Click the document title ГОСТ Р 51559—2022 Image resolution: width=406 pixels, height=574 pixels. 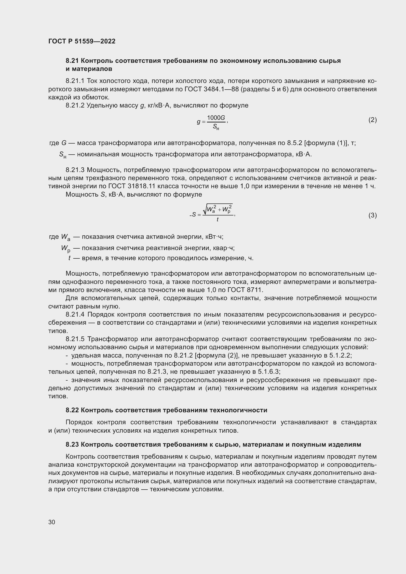[82, 41]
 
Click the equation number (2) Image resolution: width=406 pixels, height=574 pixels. [372, 120]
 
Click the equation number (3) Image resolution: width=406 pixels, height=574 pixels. [372, 215]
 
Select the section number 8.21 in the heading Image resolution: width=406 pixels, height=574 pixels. [72, 61]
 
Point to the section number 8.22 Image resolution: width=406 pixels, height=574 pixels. [72, 410]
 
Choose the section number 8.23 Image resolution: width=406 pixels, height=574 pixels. [72, 444]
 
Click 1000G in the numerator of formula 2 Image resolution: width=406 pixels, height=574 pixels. [216, 118]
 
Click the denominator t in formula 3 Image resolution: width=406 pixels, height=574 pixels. [217, 220]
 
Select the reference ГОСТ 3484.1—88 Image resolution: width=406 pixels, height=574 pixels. [212, 89]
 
